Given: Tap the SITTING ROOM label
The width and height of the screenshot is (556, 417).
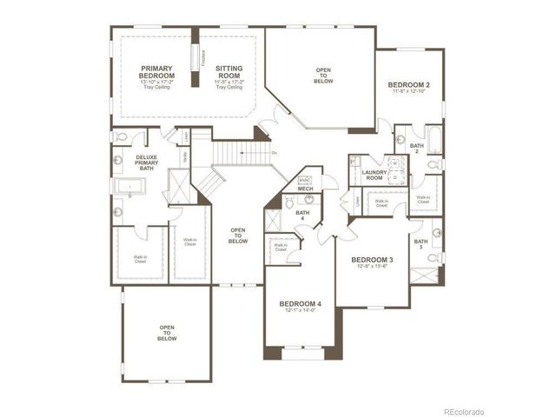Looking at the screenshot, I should click(x=229, y=72).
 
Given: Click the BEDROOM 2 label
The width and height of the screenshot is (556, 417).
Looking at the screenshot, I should click(x=409, y=84).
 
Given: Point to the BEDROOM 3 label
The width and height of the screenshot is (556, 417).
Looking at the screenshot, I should click(x=372, y=260).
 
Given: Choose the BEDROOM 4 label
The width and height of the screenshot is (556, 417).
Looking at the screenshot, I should click(x=301, y=303).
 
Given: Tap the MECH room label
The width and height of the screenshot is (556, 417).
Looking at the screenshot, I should click(x=305, y=189).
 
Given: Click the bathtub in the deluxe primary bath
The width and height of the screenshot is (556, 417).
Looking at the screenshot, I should click(x=133, y=185).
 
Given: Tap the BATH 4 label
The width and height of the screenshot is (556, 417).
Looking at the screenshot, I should click(x=302, y=215).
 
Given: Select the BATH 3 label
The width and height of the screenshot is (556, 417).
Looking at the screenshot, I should click(x=420, y=245).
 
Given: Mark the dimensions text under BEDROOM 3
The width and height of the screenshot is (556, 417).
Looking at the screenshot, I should click(x=372, y=268).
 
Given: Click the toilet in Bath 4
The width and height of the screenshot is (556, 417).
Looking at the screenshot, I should click(x=289, y=202).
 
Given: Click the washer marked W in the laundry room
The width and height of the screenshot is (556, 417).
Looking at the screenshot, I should click(x=393, y=162).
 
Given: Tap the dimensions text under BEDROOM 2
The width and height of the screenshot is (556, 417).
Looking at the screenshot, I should click(x=409, y=92).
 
